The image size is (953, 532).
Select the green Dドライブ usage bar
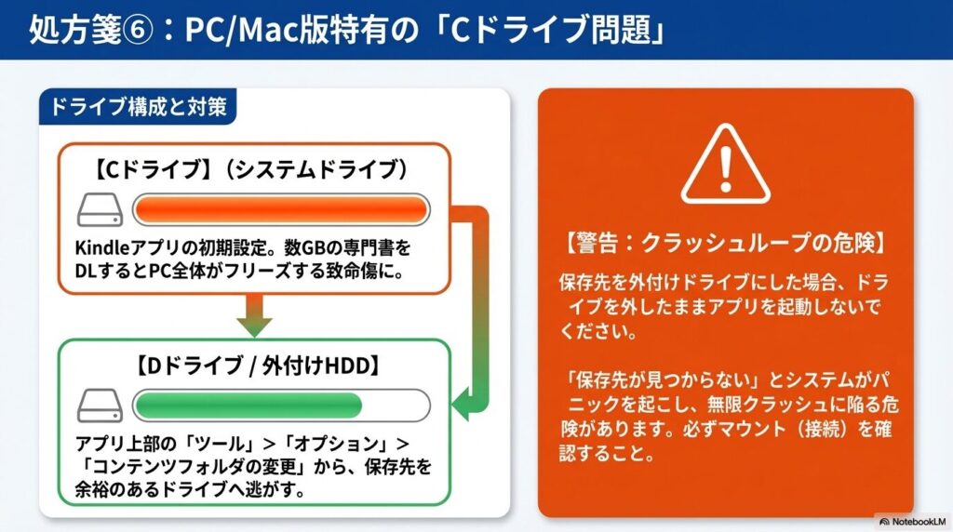[x=248, y=406]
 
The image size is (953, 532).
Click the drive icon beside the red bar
[x=101, y=211]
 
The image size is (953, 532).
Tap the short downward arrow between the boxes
[x=253, y=315]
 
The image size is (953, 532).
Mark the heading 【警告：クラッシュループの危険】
[x=725, y=245]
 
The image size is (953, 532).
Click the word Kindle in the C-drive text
[x=98, y=250]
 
